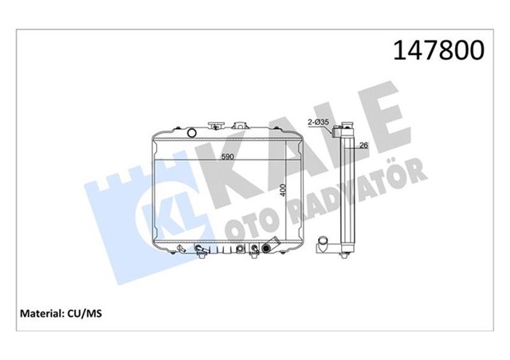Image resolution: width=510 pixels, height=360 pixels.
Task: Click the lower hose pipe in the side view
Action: click(x=325, y=243)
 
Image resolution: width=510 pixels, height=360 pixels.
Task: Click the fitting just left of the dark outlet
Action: click(x=255, y=252)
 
